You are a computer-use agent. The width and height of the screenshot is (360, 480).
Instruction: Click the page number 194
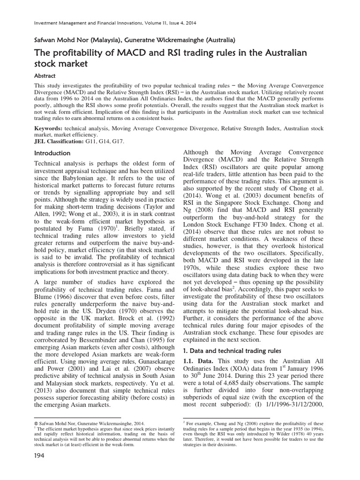(x=41, y=469)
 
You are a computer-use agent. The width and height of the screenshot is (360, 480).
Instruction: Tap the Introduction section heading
(x=53, y=153)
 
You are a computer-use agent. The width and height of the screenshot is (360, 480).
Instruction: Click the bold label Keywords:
(x=50, y=127)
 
